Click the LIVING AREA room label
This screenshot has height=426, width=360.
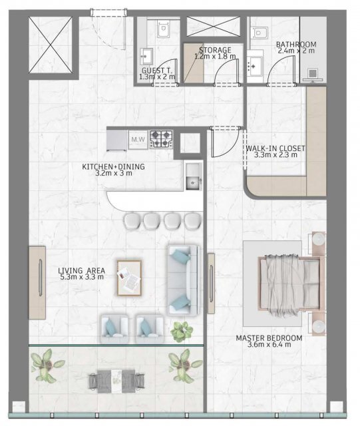(81, 271)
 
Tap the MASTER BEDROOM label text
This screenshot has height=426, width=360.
(269, 338)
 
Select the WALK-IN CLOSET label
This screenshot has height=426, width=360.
(275, 148)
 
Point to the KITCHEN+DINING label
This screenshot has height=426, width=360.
(113, 166)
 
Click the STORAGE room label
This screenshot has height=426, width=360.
(215, 51)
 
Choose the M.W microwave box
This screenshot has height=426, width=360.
(138, 140)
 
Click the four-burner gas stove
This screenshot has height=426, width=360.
(161, 139)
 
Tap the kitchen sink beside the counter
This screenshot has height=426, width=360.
(194, 176)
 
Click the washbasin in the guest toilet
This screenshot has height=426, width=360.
(146, 57)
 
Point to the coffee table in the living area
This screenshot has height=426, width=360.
(129, 278)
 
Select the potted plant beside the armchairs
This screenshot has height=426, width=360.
(182, 331)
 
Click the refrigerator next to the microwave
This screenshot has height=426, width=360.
(117, 140)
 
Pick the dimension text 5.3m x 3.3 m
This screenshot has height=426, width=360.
(82, 277)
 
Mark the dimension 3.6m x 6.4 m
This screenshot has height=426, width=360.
(270, 345)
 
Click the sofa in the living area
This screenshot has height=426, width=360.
(182, 280)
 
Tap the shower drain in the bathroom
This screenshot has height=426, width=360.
(313, 73)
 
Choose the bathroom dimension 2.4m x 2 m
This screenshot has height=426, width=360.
(296, 51)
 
